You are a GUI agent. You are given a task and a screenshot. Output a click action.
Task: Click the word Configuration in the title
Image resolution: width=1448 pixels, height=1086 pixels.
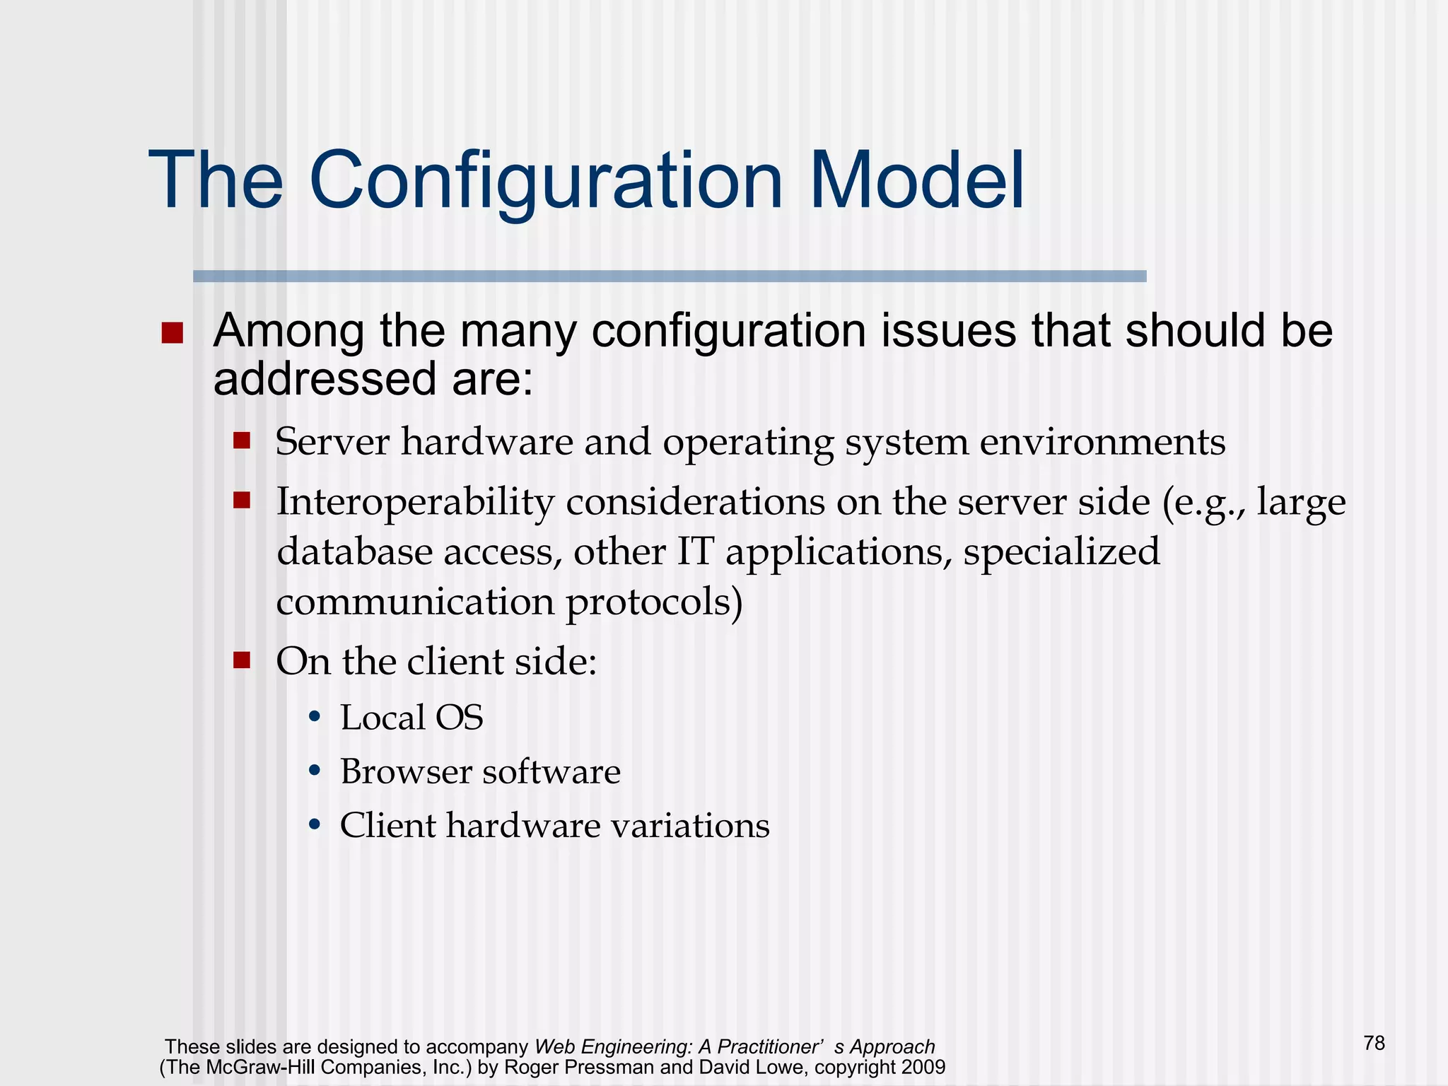546,181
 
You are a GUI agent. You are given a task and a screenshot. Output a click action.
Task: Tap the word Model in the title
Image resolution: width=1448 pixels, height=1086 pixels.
916,181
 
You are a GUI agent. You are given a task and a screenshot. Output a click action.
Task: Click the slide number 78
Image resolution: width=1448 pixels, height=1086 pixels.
1374,1043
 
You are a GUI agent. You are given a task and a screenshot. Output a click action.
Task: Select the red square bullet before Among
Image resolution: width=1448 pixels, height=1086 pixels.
172,333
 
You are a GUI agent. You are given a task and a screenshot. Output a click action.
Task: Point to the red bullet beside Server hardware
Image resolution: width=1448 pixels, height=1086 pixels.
242,441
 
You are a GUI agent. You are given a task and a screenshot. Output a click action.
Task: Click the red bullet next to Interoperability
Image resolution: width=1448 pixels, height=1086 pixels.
242,501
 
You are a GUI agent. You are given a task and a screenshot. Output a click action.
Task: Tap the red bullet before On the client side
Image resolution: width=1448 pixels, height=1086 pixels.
242,660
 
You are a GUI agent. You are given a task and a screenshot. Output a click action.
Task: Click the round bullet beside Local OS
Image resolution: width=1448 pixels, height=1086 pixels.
315,718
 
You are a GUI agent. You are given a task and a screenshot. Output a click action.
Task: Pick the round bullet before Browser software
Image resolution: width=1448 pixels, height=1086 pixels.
315,771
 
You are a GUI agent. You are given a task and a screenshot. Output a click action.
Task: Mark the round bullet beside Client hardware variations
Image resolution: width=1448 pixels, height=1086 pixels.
315,825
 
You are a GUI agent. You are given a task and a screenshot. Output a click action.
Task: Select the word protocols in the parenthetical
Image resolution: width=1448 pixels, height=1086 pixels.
654,602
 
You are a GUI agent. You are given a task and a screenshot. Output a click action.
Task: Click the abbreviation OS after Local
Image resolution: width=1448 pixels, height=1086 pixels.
459,718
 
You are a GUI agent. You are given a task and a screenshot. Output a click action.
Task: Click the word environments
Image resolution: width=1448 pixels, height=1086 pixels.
1102,443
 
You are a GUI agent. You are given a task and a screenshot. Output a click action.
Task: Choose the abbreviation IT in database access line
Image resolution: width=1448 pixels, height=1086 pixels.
695,552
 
